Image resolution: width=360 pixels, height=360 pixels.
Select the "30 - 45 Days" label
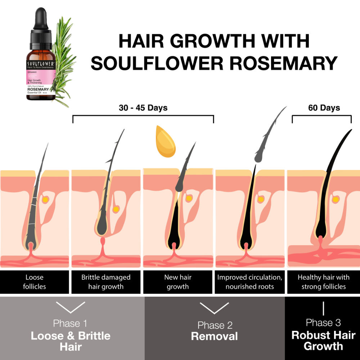(143, 108)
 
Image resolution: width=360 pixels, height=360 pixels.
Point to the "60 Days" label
(324, 108)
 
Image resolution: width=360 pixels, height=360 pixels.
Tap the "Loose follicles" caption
(35, 282)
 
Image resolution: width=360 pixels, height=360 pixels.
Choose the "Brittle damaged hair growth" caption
(106, 282)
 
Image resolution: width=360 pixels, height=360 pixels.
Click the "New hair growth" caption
(178, 282)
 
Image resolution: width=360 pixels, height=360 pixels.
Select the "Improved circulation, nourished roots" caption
(249, 282)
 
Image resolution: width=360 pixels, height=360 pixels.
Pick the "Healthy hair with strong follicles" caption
(323, 282)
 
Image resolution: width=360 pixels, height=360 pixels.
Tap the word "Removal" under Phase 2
(214, 336)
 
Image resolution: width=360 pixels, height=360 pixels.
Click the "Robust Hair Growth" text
(323, 341)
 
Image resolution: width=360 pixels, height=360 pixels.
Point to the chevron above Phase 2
(214, 308)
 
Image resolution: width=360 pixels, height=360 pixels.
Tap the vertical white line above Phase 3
(323, 309)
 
